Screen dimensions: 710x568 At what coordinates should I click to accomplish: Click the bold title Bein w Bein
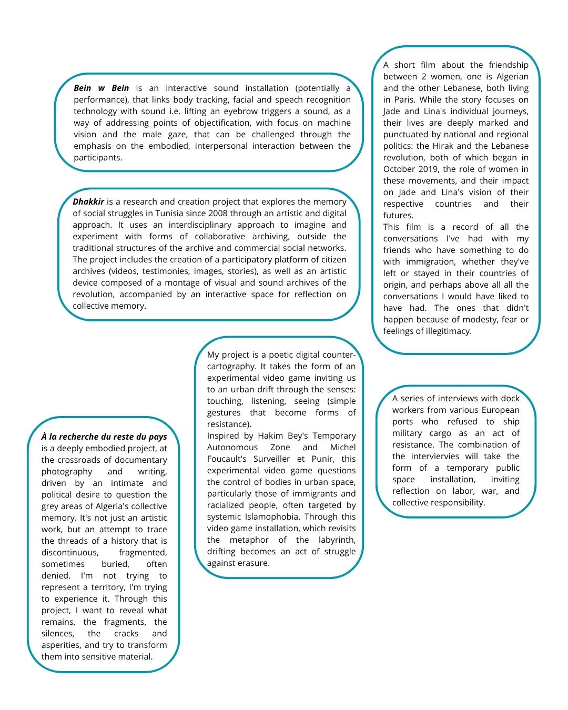point(101,88)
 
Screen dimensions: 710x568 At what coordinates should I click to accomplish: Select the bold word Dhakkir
point(88,202)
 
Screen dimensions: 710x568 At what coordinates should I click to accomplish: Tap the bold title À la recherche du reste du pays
point(104,437)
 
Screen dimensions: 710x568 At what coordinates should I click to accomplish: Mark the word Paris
point(395,100)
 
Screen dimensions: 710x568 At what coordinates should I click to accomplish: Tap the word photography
point(67,472)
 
